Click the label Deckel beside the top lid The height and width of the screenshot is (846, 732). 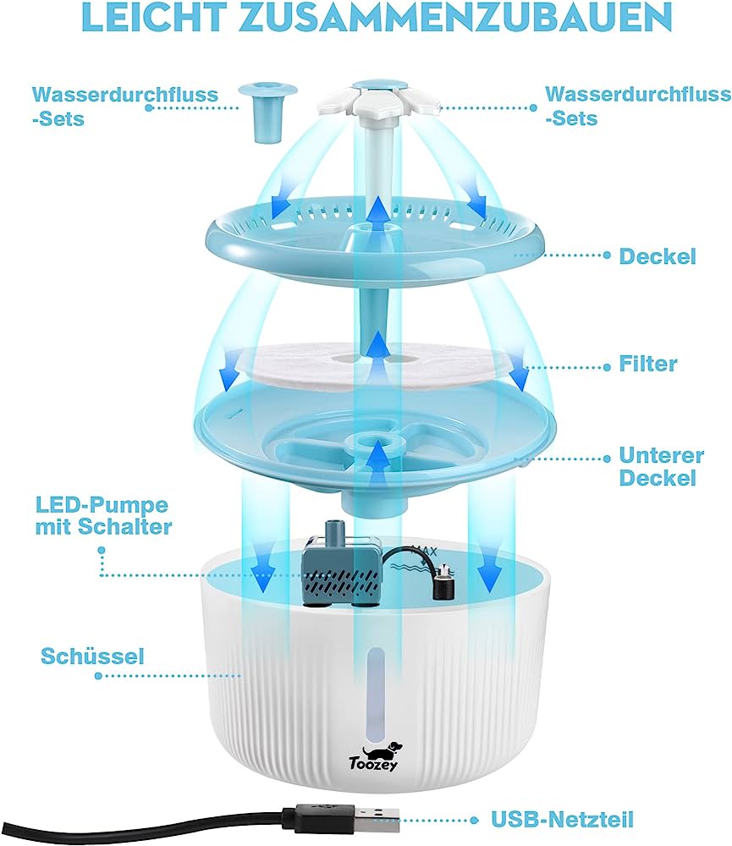click(658, 255)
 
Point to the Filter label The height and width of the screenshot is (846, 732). click(647, 364)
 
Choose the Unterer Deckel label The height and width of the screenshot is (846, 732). click(661, 467)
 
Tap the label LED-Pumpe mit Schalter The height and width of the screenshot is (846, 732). click(103, 516)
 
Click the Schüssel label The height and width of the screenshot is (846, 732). click(92, 656)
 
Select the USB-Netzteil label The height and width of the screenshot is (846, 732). click(562, 819)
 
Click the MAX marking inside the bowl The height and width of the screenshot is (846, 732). click(424, 552)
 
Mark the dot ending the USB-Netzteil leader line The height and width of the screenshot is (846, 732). click(475, 820)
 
